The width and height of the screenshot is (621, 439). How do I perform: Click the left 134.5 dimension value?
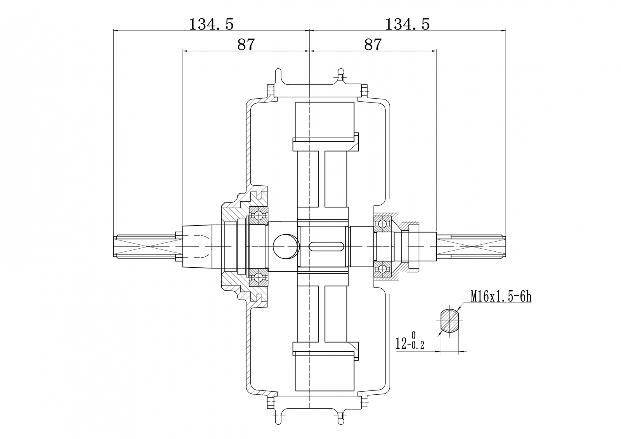(211, 24)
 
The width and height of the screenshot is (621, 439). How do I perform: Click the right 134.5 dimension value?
(407, 24)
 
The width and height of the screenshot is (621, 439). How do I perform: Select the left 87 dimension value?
(246, 44)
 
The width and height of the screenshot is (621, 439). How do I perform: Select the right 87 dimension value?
(373, 44)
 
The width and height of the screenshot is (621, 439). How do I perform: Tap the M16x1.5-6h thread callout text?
(501, 297)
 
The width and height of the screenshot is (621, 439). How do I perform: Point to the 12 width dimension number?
(402, 343)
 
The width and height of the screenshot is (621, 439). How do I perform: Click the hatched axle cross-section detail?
(450, 321)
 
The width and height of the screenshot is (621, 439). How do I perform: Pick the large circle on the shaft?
(286, 246)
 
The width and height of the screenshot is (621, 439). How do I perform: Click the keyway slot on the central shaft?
(326, 246)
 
